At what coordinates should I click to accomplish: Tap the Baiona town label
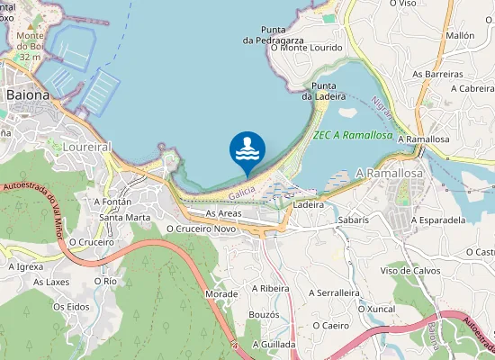pyautogui.click(x=27, y=94)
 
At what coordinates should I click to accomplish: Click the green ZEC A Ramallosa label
pyautogui.click(x=352, y=135)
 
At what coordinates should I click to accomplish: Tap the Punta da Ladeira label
pyautogui.click(x=319, y=90)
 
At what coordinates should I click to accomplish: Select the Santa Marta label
pyautogui.click(x=124, y=217)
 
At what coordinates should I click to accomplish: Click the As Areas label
pyautogui.click(x=222, y=213)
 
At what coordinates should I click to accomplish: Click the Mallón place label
pyautogui.click(x=460, y=35)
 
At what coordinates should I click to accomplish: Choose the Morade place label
pyautogui.click(x=221, y=294)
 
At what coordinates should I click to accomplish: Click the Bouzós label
pyautogui.click(x=264, y=314)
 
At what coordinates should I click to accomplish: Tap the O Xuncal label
pyautogui.click(x=376, y=309)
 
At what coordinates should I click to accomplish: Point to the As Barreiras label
pyautogui.click(x=437, y=74)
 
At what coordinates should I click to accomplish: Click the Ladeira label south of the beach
pyautogui.click(x=308, y=205)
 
